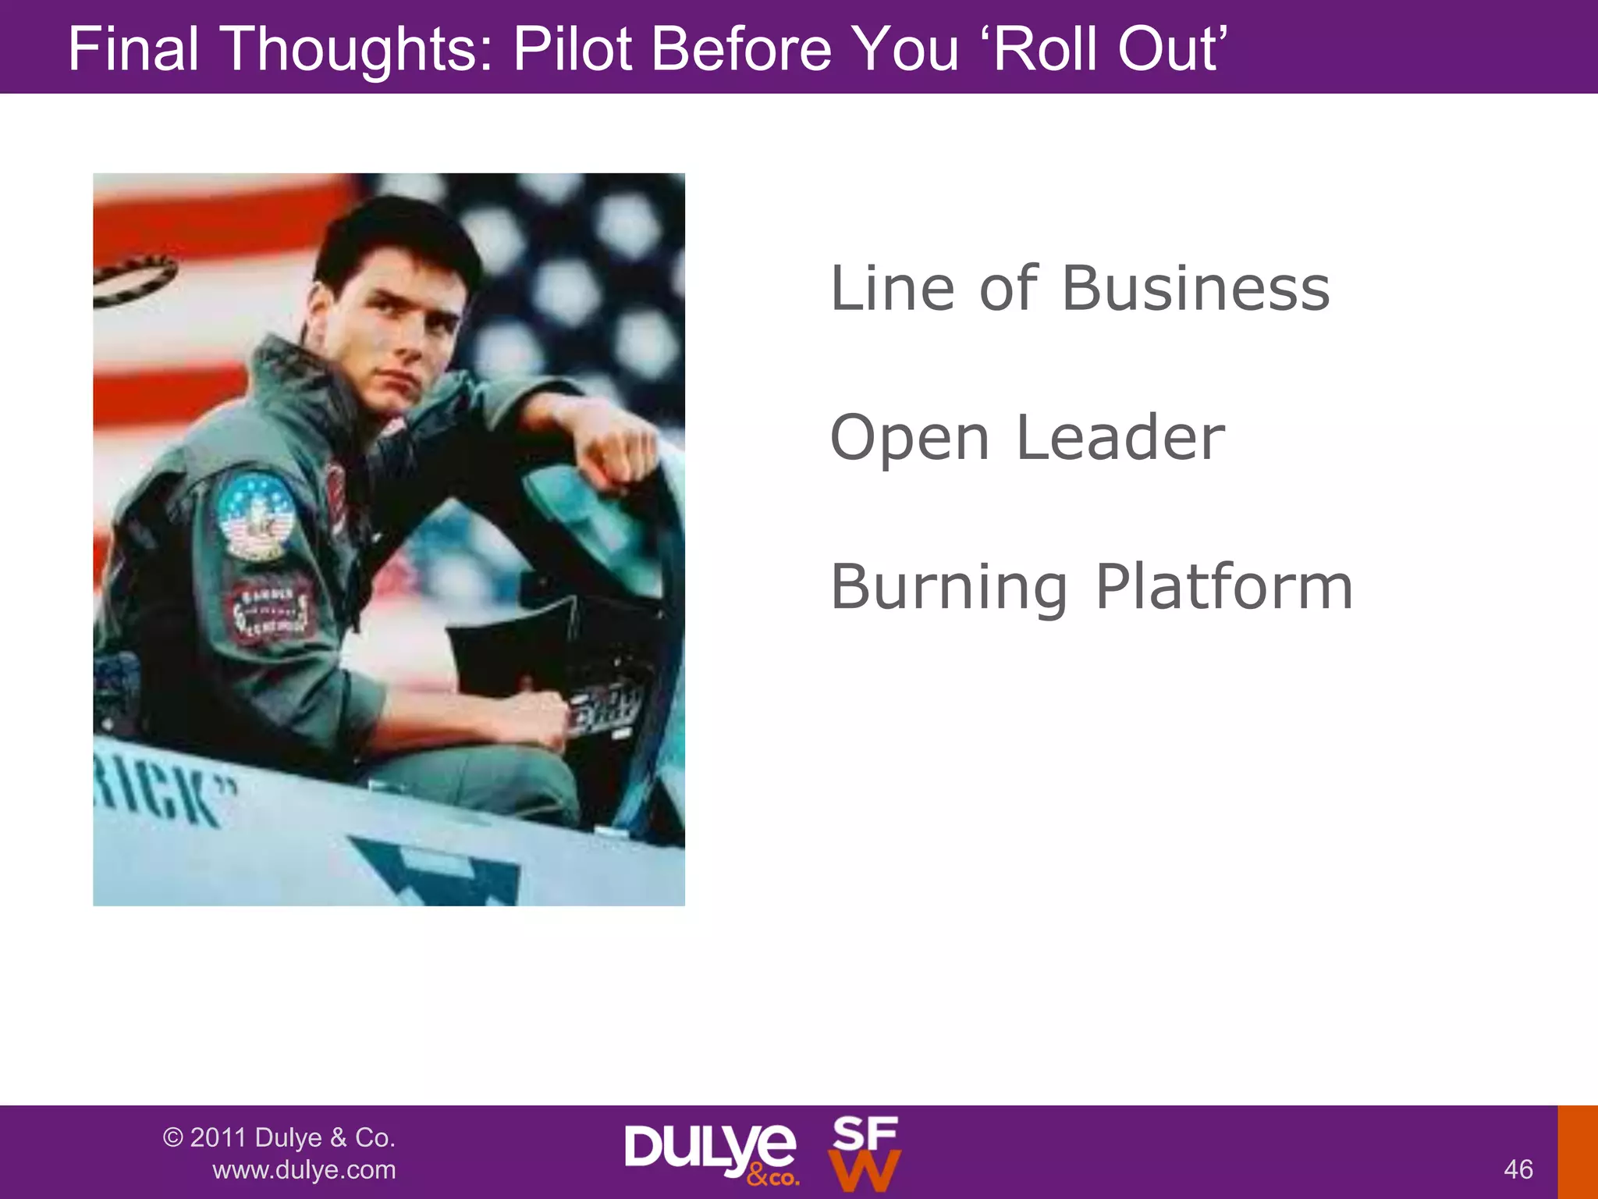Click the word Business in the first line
[x=1195, y=289]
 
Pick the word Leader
[x=1120, y=438]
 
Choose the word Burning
[x=949, y=587]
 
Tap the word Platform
[x=1224, y=587]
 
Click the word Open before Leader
[x=910, y=439]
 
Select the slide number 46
[x=1518, y=1169]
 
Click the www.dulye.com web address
[x=304, y=1169]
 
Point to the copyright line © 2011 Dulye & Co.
[x=279, y=1137]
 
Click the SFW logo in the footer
[x=865, y=1154]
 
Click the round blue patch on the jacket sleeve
[x=255, y=516]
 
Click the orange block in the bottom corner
[x=1578, y=1152]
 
